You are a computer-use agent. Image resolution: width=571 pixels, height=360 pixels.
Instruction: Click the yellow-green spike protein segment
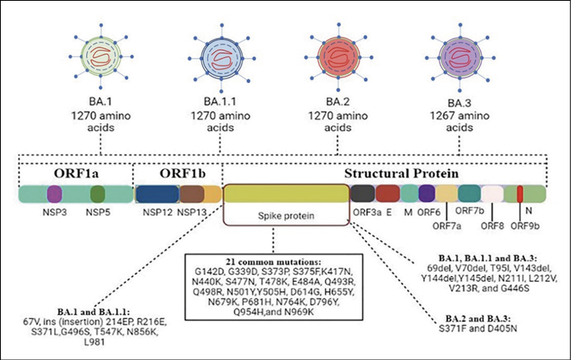[285, 193]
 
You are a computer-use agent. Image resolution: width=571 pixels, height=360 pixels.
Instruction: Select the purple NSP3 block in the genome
[55, 193]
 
